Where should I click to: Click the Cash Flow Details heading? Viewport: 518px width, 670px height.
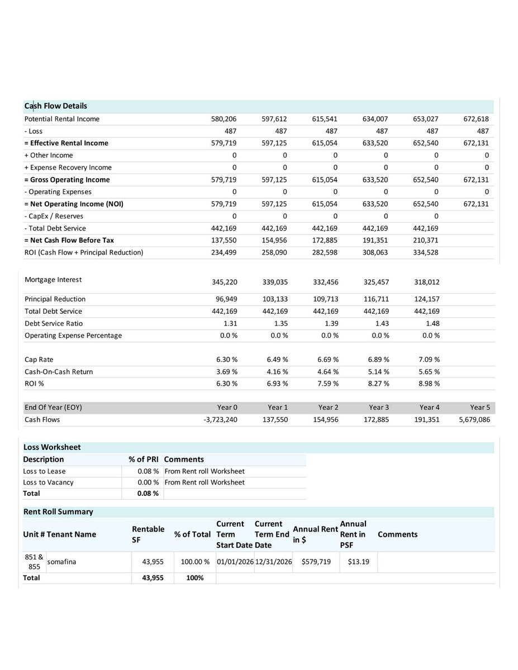55,106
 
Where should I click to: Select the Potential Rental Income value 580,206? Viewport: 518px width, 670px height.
224,119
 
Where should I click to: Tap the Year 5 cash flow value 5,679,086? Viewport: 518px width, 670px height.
474,419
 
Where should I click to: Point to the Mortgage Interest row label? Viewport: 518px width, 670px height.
53,280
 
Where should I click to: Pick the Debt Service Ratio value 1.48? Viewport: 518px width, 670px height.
433,323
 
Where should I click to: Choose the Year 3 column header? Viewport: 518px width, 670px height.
379,408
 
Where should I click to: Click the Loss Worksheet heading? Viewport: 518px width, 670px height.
52,447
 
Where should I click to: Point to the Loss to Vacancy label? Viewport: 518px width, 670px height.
48,482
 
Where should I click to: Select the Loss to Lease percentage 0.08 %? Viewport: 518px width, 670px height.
148,471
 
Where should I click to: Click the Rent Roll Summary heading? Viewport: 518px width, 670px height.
58,512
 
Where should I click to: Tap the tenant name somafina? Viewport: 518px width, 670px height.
61,562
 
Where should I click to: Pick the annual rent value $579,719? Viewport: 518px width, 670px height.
316,562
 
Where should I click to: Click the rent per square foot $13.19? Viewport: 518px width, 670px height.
358,562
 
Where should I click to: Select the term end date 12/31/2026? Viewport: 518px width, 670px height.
273,562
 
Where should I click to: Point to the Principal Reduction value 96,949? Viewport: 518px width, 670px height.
226,299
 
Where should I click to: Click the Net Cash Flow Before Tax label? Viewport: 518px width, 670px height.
69,240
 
